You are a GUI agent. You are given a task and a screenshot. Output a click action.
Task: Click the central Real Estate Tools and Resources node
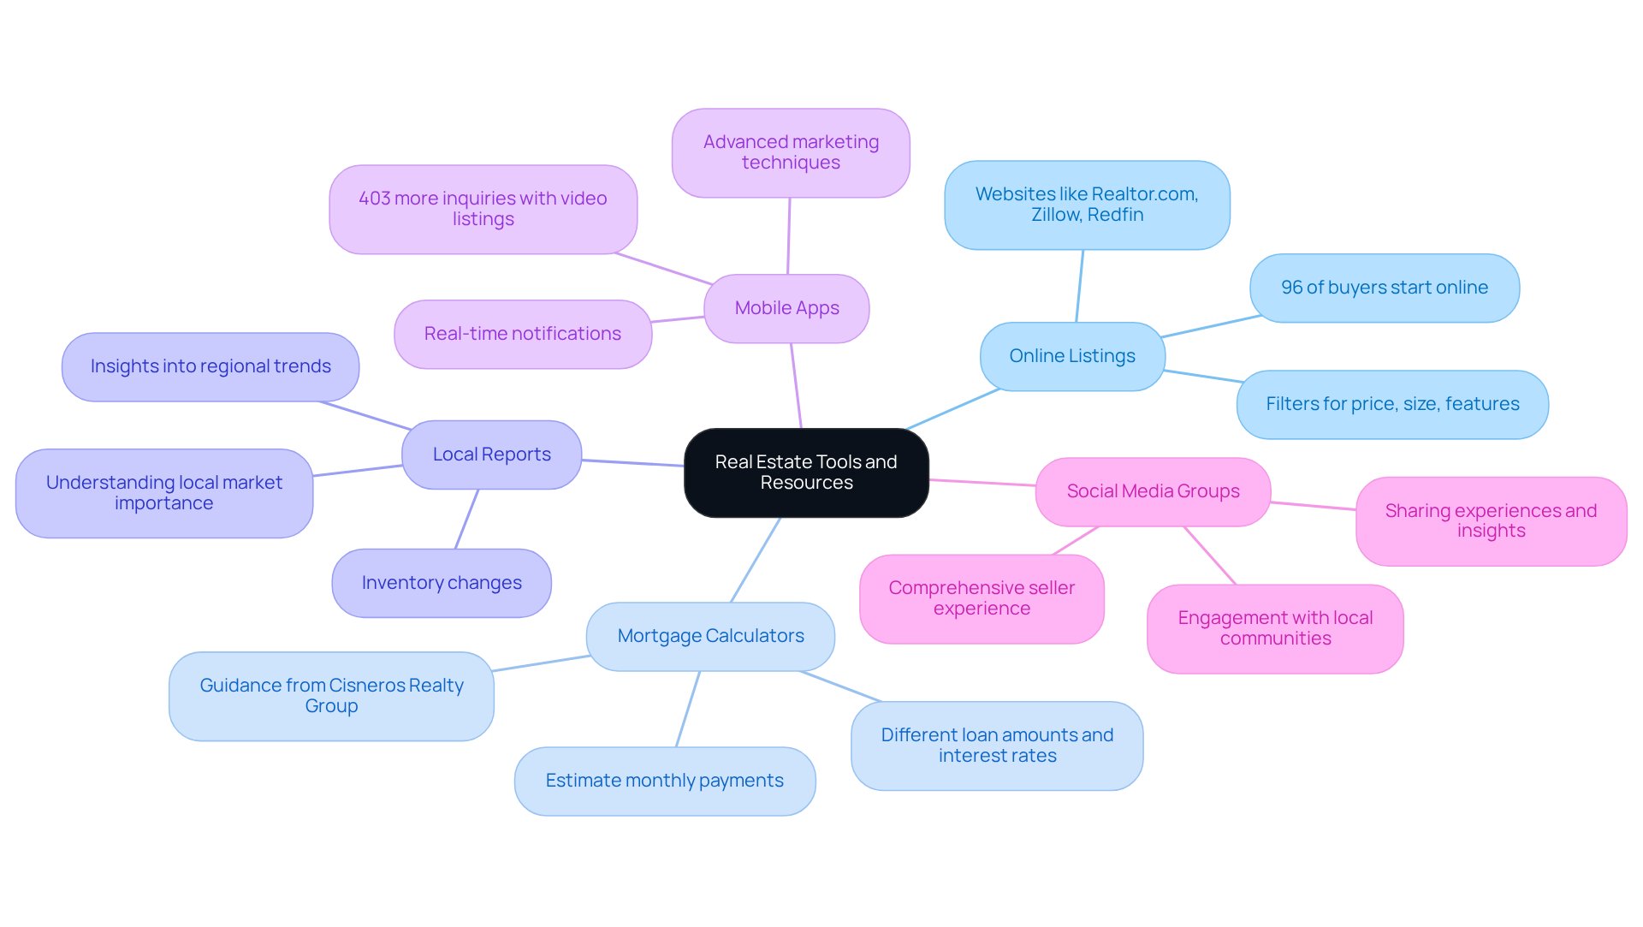[806, 472]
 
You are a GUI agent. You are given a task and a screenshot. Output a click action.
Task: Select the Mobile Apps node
[786, 308]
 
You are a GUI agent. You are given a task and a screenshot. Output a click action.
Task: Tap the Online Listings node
[1072, 356]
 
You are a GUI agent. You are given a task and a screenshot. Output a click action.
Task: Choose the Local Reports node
[491, 455]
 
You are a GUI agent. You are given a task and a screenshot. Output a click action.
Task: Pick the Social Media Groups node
[1153, 491]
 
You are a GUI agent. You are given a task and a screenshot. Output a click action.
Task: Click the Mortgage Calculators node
[710, 636]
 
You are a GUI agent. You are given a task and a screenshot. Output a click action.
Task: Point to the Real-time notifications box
[522, 334]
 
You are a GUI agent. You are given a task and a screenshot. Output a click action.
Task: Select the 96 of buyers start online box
[1384, 288]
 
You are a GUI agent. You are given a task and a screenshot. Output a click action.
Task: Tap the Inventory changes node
[442, 583]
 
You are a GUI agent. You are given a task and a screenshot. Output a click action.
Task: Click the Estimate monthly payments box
[664, 781]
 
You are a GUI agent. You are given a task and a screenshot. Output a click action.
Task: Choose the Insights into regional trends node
[211, 366]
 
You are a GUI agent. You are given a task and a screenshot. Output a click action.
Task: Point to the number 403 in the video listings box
[375, 199]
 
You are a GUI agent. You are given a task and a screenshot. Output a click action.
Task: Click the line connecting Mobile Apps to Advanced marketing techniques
[788, 236]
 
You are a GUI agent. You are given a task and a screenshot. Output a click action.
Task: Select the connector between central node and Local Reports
[632, 463]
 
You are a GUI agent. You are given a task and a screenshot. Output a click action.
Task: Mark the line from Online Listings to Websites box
[1079, 286]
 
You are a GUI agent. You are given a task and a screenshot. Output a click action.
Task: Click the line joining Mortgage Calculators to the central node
[755, 561]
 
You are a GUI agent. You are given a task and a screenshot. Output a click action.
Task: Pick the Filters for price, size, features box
[1392, 404]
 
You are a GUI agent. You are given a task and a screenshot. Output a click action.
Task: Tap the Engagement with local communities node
[1275, 628]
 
